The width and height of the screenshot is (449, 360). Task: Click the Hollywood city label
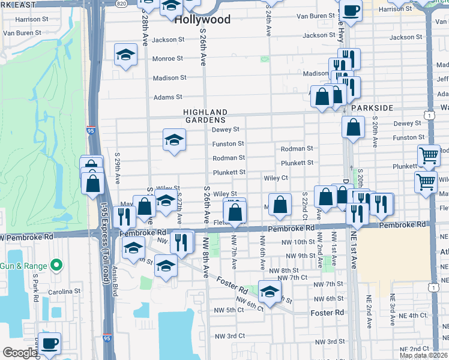click(202, 20)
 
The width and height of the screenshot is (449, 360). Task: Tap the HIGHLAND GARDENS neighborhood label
click(205, 116)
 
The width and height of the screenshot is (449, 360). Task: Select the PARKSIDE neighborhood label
click(372, 108)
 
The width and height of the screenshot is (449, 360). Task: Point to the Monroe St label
click(167, 59)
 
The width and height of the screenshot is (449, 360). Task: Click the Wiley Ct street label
click(276, 178)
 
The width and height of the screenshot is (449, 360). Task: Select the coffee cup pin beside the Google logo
click(50, 343)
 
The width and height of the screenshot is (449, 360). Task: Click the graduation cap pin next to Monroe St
click(126, 55)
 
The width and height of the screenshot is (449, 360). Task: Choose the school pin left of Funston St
click(174, 140)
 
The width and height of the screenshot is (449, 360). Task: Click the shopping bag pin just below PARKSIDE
click(354, 127)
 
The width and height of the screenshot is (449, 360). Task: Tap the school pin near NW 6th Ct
click(270, 291)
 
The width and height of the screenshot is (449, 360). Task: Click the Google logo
click(20, 353)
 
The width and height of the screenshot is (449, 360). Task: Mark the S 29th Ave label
click(118, 172)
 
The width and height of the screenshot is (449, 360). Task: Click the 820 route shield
click(121, 3)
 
